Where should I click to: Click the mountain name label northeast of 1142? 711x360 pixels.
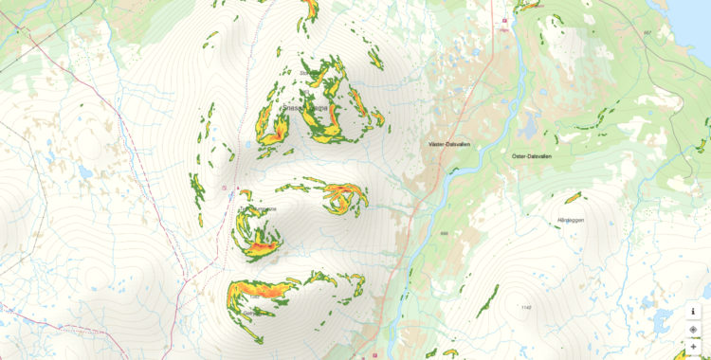pyautogui.click(x=567, y=220)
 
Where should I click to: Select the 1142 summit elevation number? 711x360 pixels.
pyautogui.click(x=526, y=307)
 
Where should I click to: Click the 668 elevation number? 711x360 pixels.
pyautogui.click(x=444, y=234)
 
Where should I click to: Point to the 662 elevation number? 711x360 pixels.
pyautogui.click(x=647, y=32)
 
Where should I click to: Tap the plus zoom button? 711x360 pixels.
pyautogui.click(x=693, y=347)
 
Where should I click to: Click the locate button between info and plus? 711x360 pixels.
pyautogui.click(x=693, y=329)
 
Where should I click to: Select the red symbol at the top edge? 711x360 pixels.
pyautogui.click(x=505, y=20)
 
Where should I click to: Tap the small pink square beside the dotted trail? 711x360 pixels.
pyautogui.click(x=224, y=188)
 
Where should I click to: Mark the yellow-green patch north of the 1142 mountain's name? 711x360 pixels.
pyautogui.click(x=573, y=198)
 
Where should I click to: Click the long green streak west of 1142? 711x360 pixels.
pyautogui.click(x=487, y=300)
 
